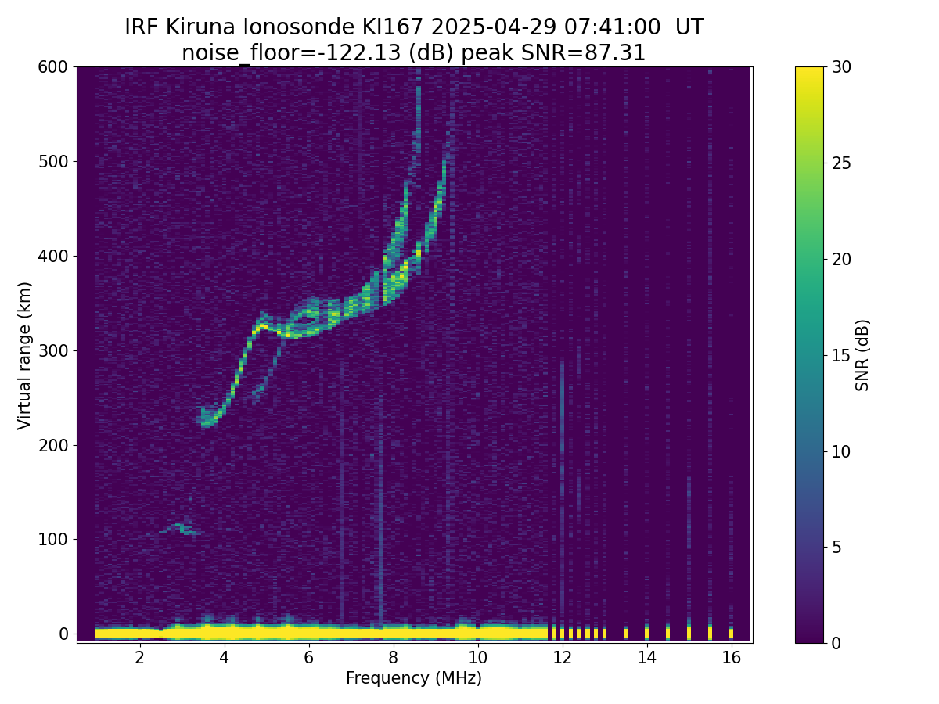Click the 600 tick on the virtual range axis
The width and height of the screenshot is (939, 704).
click(x=57, y=67)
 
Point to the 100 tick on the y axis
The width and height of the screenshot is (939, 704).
click(x=57, y=539)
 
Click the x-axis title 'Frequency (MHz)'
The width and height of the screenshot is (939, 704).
click(x=414, y=678)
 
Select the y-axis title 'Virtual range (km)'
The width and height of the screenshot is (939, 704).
click(x=25, y=355)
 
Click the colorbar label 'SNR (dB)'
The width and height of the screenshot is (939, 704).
click(x=862, y=355)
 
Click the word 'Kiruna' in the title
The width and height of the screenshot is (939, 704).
click(x=202, y=27)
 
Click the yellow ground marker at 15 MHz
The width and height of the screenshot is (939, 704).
click(x=689, y=632)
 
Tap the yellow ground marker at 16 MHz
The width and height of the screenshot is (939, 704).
click(x=731, y=632)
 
